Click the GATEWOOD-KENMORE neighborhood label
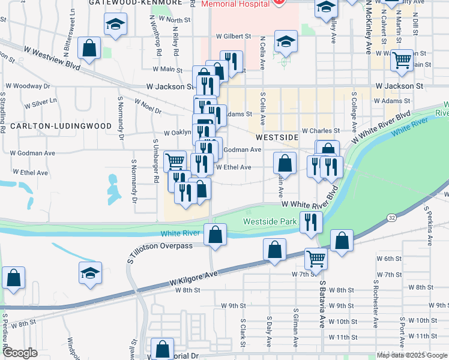coord(134,2)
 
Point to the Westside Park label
coord(270,221)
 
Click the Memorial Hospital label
coord(235,4)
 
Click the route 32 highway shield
coord(391,216)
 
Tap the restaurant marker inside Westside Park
coord(310,221)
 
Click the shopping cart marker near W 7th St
coord(316,259)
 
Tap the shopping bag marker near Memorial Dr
coord(162,349)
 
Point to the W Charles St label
coord(321,130)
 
